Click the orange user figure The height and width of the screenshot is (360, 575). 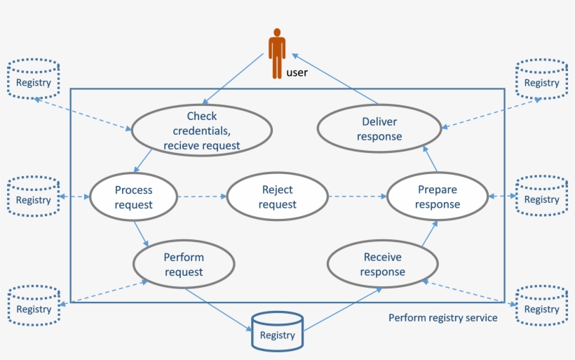[x=277, y=53]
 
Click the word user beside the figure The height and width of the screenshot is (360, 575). [x=297, y=72]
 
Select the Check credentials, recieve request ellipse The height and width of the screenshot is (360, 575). [x=202, y=131]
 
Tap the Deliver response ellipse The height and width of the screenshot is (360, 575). [x=379, y=129]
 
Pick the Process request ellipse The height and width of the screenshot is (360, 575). [x=133, y=197]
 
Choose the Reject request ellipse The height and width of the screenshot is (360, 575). [x=277, y=197]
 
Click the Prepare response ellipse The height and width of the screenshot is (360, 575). [x=438, y=197]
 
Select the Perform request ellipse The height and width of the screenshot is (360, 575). [x=184, y=265]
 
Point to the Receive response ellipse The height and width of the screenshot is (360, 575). [x=383, y=265]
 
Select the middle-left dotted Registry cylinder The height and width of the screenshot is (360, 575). [x=34, y=196]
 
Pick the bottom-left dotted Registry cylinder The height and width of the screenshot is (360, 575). [x=34, y=305]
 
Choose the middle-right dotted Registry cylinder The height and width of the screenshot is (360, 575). [x=541, y=196]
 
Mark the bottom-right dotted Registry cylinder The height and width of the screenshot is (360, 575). [x=541, y=305]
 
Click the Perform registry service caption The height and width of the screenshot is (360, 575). [x=443, y=318]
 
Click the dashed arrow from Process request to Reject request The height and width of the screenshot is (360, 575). [x=201, y=197]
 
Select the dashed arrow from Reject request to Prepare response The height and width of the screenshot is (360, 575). [x=358, y=197]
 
